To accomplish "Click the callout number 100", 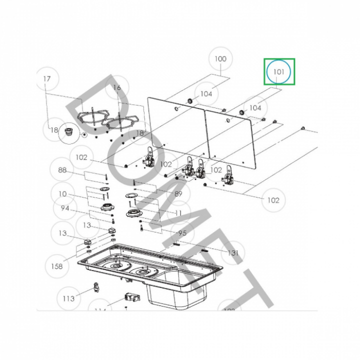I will pos(220,59).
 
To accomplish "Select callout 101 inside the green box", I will pos(279,72).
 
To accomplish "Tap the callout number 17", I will pos(47,79).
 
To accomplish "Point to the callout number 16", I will pos(117,88).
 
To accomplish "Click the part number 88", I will pos(62,170).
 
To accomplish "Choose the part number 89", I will pos(178,193).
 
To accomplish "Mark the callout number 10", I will pos(62,194).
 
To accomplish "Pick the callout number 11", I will pos(178,212).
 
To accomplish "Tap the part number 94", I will pos(65,208).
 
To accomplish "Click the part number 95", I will pos(182,233).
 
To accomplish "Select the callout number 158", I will pos(57,266).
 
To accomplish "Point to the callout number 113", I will pos(68,298).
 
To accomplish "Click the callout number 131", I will pos(233,253).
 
